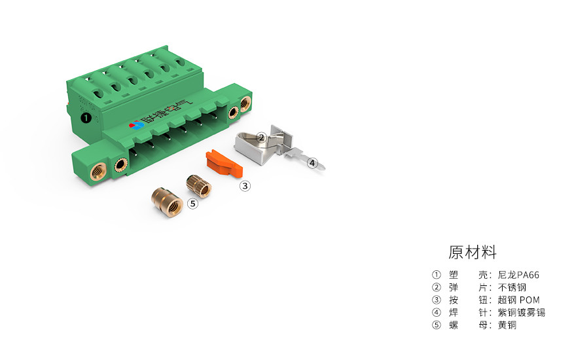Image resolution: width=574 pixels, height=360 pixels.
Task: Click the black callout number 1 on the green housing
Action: click(85, 118)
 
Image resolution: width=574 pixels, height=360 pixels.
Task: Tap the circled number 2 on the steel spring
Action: click(260, 137)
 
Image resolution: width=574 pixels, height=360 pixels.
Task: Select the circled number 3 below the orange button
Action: click(245, 186)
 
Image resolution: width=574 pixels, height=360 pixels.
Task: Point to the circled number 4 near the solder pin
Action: click(312, 163)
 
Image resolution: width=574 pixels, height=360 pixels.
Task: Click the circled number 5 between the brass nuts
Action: click(192, 204)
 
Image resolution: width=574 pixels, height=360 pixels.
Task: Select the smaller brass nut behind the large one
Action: click(199, 185)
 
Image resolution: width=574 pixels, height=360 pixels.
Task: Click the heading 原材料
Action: click(473, 252)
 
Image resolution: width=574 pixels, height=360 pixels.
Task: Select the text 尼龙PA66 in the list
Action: click(518, 275)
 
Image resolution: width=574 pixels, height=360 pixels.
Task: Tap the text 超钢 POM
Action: click(518, 300)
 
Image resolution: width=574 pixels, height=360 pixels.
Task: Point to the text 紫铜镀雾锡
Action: click(521, 312)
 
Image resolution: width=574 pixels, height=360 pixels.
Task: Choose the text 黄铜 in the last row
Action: click(507, 325)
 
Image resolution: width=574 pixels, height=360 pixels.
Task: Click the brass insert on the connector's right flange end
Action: click(245, 103)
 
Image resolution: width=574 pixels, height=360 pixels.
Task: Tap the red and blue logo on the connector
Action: click(136, 124)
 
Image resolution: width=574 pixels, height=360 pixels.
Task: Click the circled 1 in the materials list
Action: click(437, 275)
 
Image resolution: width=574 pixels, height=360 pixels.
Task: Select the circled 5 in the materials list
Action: click(437, 325)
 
